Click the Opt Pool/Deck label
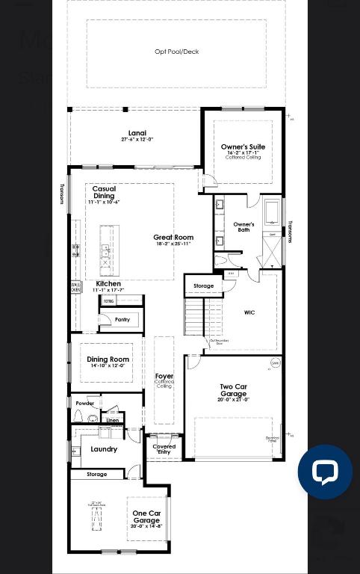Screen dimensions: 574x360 click(176, 52)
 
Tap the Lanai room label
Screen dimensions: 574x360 click(137, 134)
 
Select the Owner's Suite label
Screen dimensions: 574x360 click(243, 147)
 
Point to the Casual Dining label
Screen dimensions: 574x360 click(104, 193)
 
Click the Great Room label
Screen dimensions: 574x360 click(173, 238)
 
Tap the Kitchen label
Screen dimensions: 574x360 click(108, 284)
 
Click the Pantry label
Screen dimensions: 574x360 click(122, 320)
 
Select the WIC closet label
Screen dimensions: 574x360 click(249, 312)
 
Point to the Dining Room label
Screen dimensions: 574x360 click(108, 359)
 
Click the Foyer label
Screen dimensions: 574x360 click(164, 377)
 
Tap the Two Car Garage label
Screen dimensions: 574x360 click(233, 390)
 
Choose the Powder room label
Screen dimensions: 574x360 click(85, 404)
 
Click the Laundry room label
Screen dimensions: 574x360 click(104, 449)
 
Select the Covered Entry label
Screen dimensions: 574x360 click(164, 449)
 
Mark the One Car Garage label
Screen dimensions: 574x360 click(146, 517)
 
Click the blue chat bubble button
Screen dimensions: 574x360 click(325, 472)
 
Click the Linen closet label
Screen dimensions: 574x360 click(112, 420)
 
